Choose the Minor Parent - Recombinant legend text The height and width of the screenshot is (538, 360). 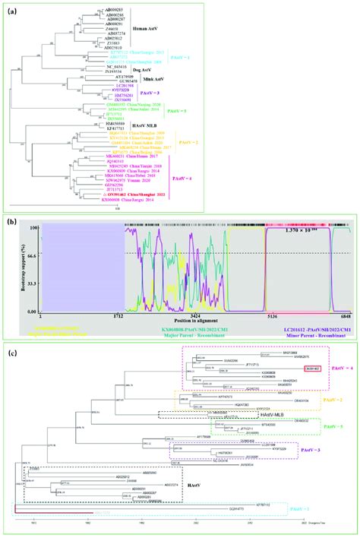305,337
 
